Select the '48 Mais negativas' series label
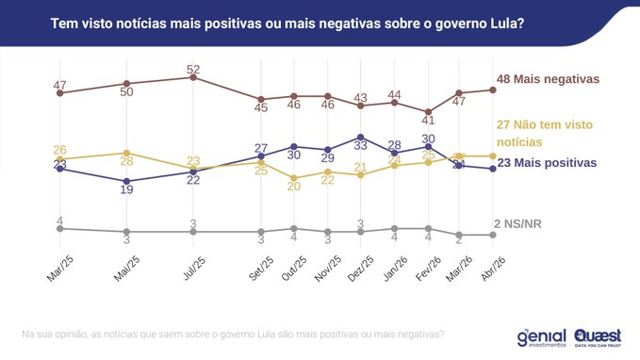548,79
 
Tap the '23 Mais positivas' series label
547,163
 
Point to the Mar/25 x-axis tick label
58,268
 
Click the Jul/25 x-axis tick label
192,268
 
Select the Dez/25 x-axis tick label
359,268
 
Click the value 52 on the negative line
192,69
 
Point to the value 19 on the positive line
126,189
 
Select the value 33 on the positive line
360,146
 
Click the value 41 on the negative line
428,120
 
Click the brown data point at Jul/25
192,77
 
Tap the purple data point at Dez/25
360,137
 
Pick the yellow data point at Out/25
294,178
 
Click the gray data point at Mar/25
59,228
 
